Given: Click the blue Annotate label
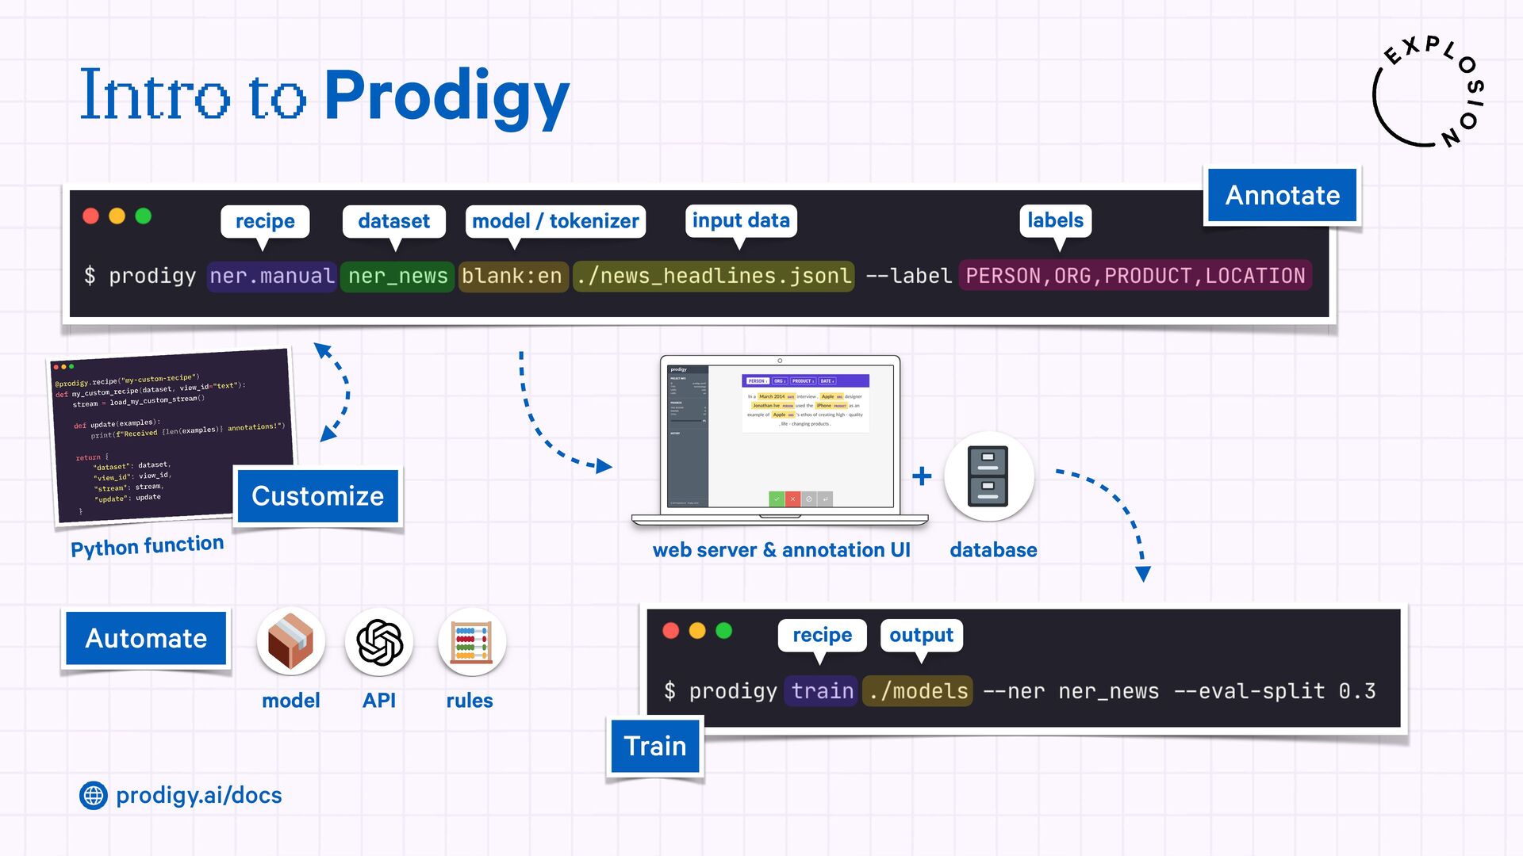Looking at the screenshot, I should (x=1282, y=195).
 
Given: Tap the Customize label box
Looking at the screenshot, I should (x=317, y=496).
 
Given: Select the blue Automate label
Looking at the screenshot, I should (x=146, y=638).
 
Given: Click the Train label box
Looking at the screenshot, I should (x=654, y=746).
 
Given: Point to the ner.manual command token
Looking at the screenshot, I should (x=272, y=276).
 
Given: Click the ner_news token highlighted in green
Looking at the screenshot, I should (x=397, y=276).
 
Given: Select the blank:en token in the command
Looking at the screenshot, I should (x=512, y=276).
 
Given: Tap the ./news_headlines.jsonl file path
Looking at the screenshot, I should (x=713, y=276).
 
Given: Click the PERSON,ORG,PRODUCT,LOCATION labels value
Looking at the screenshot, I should (x=1135, y=276).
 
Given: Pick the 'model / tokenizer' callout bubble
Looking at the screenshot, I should (x=555, y=221).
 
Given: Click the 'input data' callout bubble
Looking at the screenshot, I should (x=741, y=220).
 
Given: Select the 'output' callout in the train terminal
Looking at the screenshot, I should (x=921, y=635).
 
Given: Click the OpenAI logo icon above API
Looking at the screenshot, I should (x=379, y=642).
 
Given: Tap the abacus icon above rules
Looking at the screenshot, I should (x=472, y=642).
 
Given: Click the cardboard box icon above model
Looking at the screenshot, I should (x=291, y=642).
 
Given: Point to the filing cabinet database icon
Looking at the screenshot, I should (x=988, y=476).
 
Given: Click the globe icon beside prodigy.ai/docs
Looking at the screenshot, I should (x=94, y=795).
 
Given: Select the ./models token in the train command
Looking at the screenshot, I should (x=918, y=691).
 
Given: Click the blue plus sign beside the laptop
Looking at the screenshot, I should (x=922, y=476).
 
